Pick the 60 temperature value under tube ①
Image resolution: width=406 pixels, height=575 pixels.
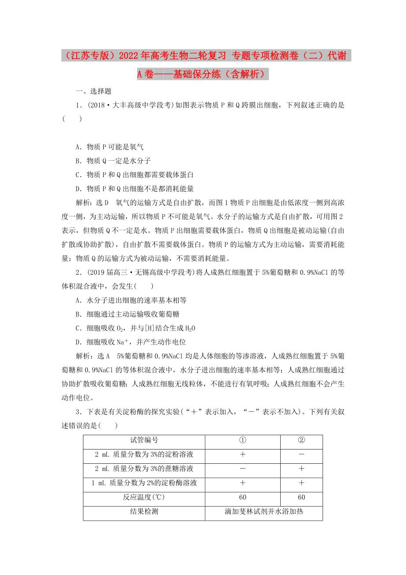coord(242,497)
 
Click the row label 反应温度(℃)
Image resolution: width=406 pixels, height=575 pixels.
coord(144,497)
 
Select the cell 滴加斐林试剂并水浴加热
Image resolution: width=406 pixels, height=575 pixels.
coord(263,511)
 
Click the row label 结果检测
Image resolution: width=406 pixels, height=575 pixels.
coord(144,511)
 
